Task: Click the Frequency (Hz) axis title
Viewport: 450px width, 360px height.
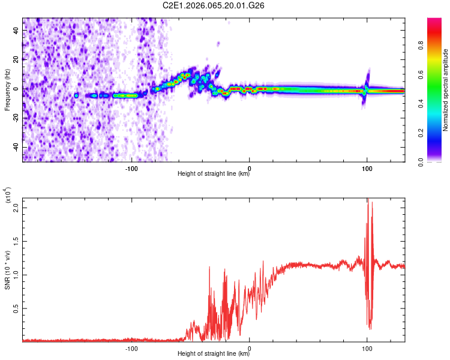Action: (7, 90)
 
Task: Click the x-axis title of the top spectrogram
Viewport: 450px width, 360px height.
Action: (214, 175)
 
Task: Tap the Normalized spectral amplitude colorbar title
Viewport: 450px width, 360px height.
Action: (445, 90)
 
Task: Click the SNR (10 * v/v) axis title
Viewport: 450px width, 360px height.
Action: (7, 270)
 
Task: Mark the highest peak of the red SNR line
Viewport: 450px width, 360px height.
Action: (368, 200)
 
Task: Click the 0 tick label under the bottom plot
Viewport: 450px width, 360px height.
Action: (249, 349)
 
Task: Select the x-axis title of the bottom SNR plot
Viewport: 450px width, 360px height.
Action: (214, 354)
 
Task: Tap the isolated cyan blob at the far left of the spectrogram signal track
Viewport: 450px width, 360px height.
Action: (76, 95)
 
